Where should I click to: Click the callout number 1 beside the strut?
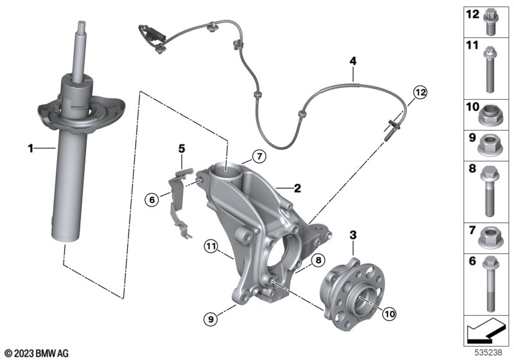pyautogui.click(x=30, y=149)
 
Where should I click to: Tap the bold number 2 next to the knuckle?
pyautogui.click(x=297, y=188)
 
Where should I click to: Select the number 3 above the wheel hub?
pyautogui.click(x=353, y=236)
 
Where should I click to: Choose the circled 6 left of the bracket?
pyautogui.click(x=152, y=200)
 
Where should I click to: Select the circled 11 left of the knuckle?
pyautogui.click(x=212, y=245)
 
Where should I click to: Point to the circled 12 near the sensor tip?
pyautogui.click(x=420, y=93)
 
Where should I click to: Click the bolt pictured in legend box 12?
pyautogui.click(x=493, y=21)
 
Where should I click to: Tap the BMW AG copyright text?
pyautogui.click(x=36, y=353)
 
